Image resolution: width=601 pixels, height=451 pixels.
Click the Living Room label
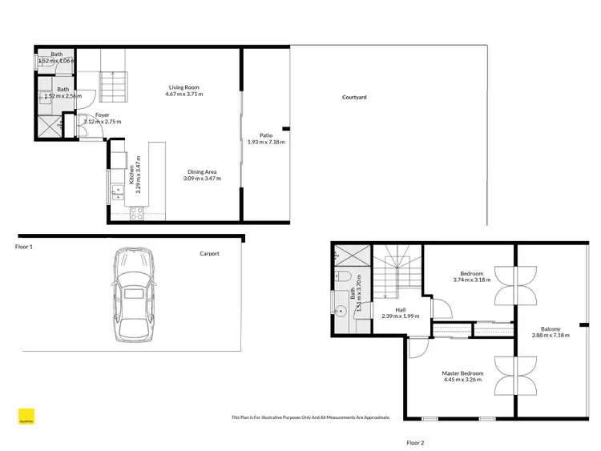point(184,87)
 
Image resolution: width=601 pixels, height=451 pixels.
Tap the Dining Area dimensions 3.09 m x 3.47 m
point(201,178)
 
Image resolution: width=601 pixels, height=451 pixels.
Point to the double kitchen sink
point(113,190)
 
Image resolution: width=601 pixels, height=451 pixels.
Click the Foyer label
point(102,115)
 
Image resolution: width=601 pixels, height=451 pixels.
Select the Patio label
point(266,135)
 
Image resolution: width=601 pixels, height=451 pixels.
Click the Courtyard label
point(354,97)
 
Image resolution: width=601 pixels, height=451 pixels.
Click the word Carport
point(209,254)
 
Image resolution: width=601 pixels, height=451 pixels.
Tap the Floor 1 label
point(24,248)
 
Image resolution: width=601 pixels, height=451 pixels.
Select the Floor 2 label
point(415,442)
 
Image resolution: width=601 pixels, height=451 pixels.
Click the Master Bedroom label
point(462,373)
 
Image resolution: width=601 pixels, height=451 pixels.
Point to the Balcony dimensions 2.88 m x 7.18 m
point(550,336)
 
